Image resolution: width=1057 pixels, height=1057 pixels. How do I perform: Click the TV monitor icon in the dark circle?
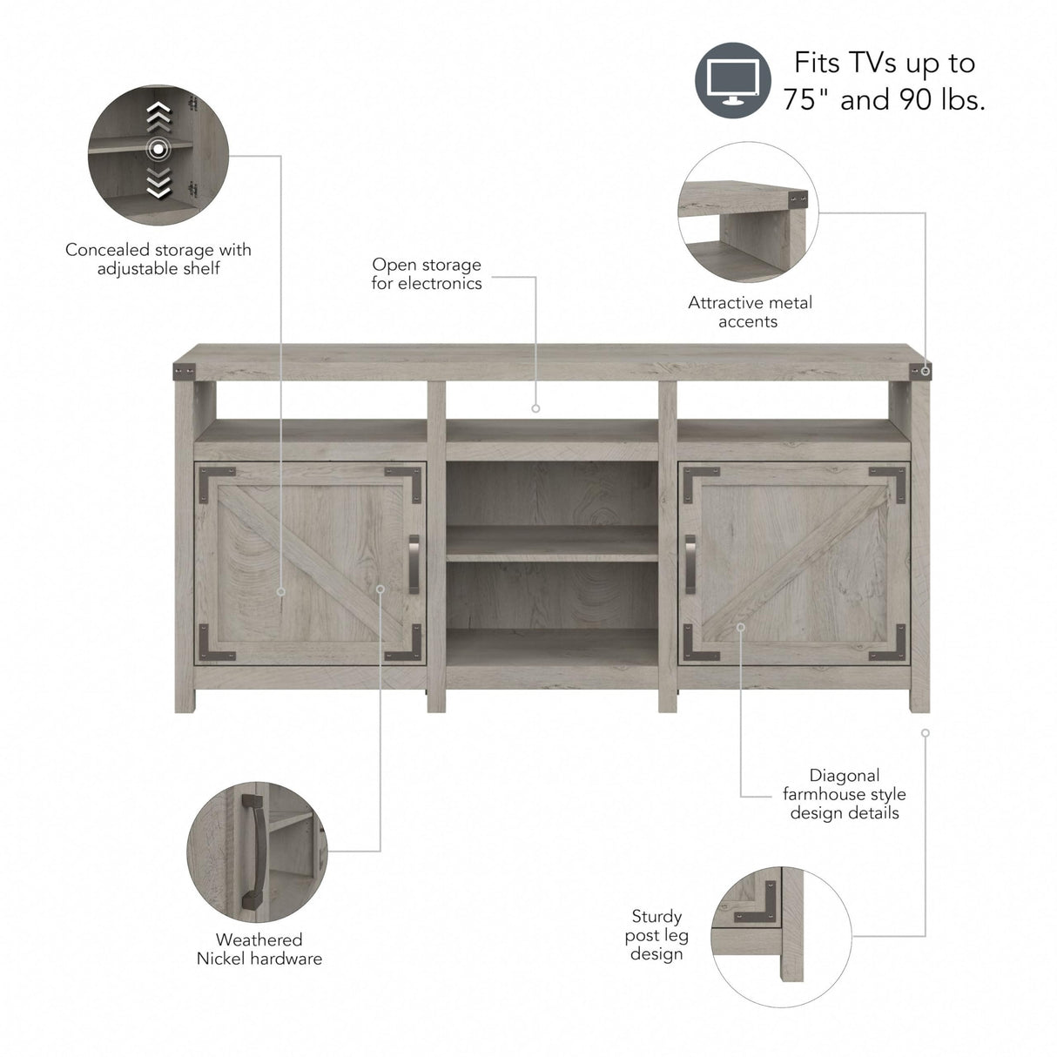click(x=732, y=80)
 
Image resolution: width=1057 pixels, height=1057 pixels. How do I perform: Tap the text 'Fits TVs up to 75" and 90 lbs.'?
click(x=884, y=81)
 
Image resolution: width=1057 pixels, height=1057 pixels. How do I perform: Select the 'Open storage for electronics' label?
click(x=427, y=273)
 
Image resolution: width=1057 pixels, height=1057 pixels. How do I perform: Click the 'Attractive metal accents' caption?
click(x=749, y=312)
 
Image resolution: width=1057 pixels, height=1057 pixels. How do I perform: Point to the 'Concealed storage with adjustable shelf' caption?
click(x=158, y=259)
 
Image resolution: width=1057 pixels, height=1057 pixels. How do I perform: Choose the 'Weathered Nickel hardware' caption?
click(x=259, y=949)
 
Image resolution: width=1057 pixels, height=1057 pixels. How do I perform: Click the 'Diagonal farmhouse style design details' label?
click(x=844, y=793)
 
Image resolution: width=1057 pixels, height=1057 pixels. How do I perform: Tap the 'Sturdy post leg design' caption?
click(x=656, y=934)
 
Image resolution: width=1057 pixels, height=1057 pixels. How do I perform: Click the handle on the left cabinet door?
click(x=414, y=563)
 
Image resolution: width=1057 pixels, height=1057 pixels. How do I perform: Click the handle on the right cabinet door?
click(x=690, y=563)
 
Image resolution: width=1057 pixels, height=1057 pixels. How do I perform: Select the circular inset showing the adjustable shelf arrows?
click(x=158, y=155)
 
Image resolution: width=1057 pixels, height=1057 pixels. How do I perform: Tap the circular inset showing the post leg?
click(x=781, y=936)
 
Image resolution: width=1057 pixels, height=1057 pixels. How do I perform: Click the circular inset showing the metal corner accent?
click(x=748, y=212)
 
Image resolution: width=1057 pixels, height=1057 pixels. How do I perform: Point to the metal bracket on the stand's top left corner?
click(x=183, y=371)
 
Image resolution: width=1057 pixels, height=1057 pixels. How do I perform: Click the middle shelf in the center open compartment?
click(x=552, y=543)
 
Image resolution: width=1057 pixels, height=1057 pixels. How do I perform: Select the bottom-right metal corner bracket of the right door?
click(x=890, y=643)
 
